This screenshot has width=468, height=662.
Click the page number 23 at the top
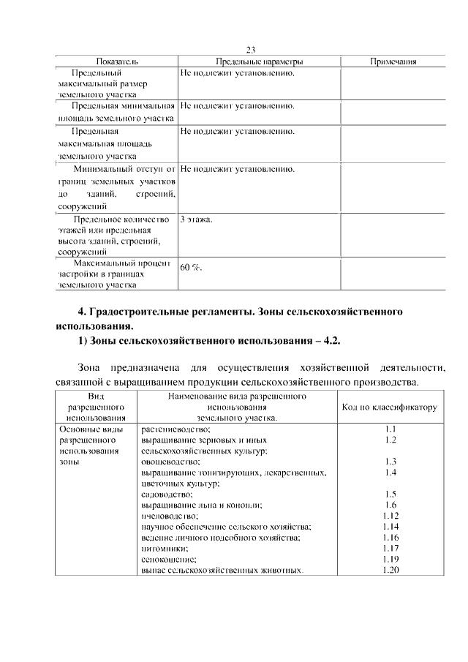click(x=250, y=50)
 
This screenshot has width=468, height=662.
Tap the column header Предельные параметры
click(x=260, y=61)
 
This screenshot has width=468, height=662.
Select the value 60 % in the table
click(x=191, y=268)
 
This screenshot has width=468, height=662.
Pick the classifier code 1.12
click(x=390, y=516)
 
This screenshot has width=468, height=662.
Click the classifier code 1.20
click(x=390, y=570)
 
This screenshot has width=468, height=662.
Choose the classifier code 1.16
click(x=390, y=537)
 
